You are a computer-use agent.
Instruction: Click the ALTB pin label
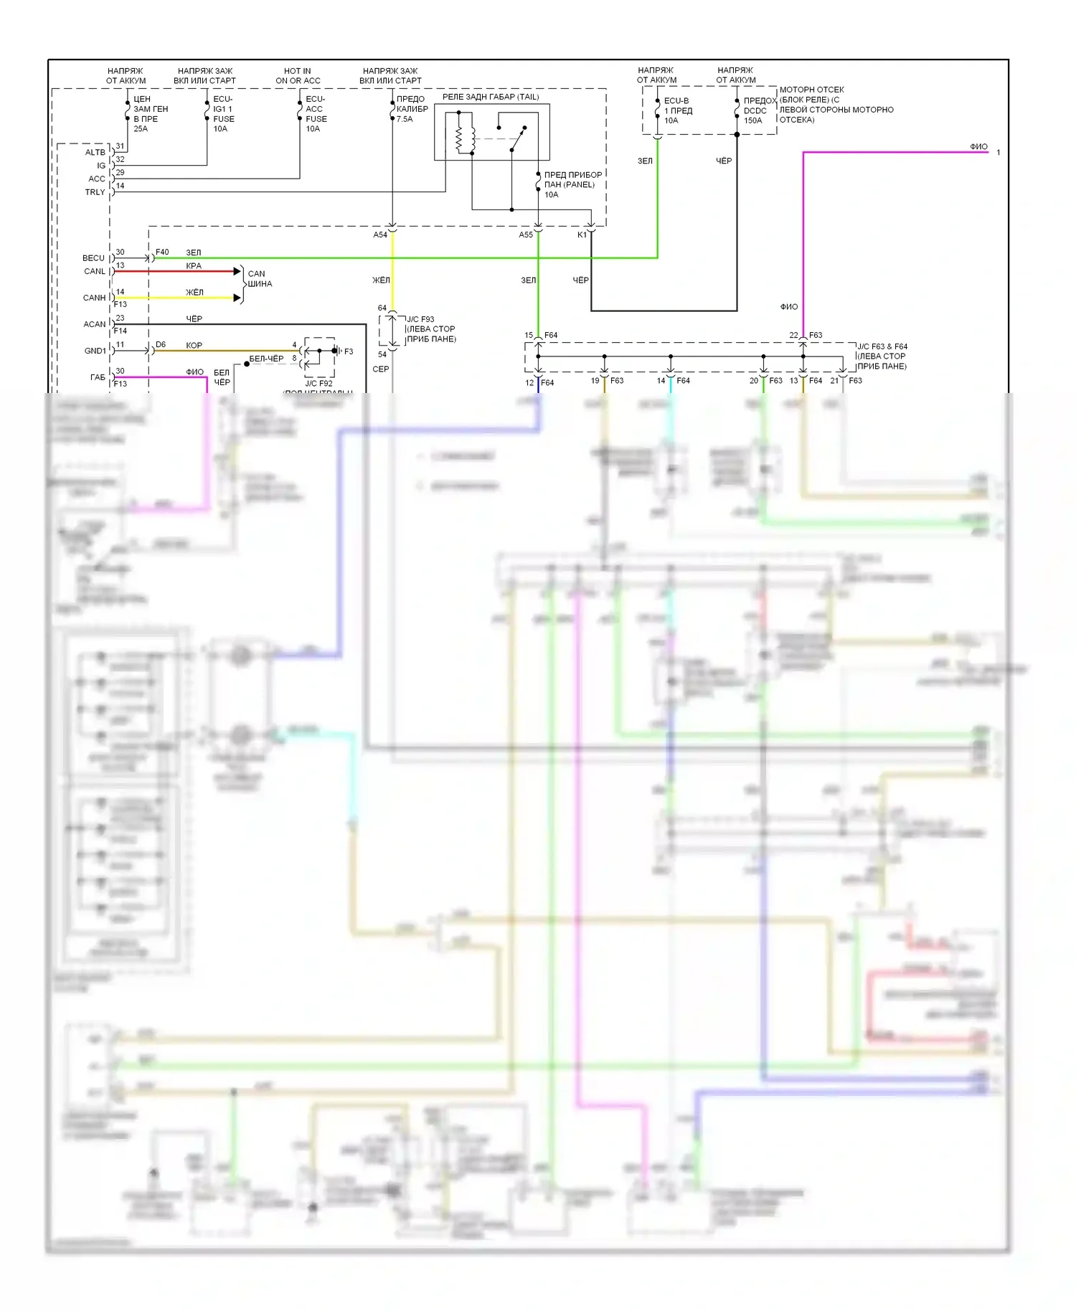pos(95,152)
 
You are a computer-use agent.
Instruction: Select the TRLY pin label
pos(95,192)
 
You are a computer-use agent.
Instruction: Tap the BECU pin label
pos(93,258)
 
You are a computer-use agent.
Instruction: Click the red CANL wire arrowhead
pos(237,271)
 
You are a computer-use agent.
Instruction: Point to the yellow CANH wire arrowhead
pos(237,298)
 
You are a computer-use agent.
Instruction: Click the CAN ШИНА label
pos(259,279)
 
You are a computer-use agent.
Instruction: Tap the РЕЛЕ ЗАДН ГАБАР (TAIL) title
pos(490,97)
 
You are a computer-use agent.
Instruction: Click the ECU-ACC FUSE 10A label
pos(316,114)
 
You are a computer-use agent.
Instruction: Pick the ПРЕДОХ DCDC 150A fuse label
pos(759,110)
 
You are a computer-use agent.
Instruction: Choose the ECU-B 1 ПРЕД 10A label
pos(678,110)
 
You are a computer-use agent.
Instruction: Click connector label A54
pos(380,235)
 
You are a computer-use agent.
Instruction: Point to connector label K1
pos(582,235)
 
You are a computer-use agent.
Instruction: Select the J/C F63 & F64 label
pos(882,356)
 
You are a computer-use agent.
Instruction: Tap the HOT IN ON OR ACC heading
pos(298,76)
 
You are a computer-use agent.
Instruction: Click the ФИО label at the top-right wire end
pos(978,147)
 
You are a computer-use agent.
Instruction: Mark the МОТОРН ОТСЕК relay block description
pos(836,105)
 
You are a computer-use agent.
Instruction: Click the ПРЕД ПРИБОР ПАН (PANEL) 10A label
pos(572,184)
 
